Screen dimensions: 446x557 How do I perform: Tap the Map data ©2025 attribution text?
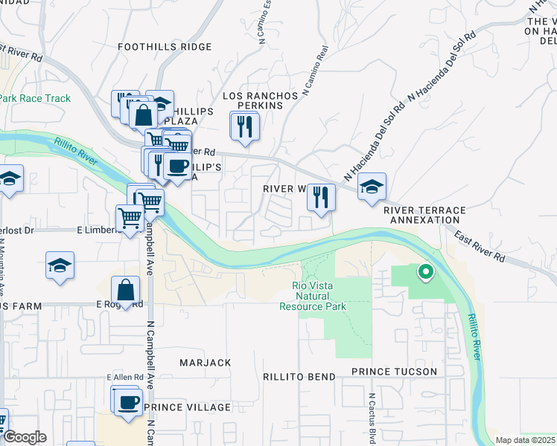click(526, 440)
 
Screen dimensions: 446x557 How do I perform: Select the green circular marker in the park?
click(425, 273)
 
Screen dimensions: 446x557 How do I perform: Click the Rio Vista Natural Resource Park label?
click(313, 296)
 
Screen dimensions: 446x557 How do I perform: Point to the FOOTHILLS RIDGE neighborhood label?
click(165, 46)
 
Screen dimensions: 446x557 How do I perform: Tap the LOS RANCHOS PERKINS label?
click(261, 101)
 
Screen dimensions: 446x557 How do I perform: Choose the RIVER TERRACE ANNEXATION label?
click(424, 216)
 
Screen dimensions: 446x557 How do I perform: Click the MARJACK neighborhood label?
click(206, 362)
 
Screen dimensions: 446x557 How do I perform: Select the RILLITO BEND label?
click(299, 377)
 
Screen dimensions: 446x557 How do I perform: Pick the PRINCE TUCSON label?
click(394, 371)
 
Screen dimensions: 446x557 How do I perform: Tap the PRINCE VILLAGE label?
click(188, 407)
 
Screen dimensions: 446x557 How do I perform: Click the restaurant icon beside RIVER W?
click(321, 196)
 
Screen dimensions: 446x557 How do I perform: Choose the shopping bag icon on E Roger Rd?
click(126, 290)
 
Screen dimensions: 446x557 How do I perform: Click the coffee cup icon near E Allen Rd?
click(129, 402)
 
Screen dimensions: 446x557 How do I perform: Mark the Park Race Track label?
click(35, 98)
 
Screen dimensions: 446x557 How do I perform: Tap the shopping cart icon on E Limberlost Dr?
click(130, 219)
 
